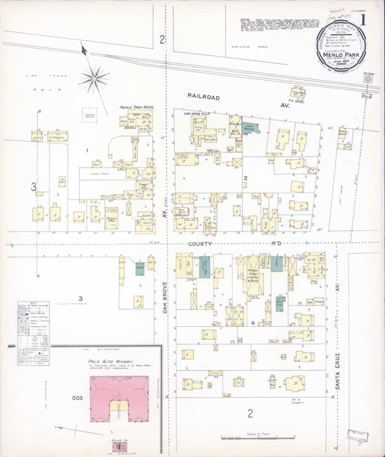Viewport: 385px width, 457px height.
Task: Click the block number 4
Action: click(x=251, y=322)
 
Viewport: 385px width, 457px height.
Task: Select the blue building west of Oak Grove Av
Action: click(x=140, y=268)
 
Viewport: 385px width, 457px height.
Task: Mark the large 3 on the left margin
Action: click(x=33, y=187)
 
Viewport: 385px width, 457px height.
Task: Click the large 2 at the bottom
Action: click(x=250, y=414)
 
